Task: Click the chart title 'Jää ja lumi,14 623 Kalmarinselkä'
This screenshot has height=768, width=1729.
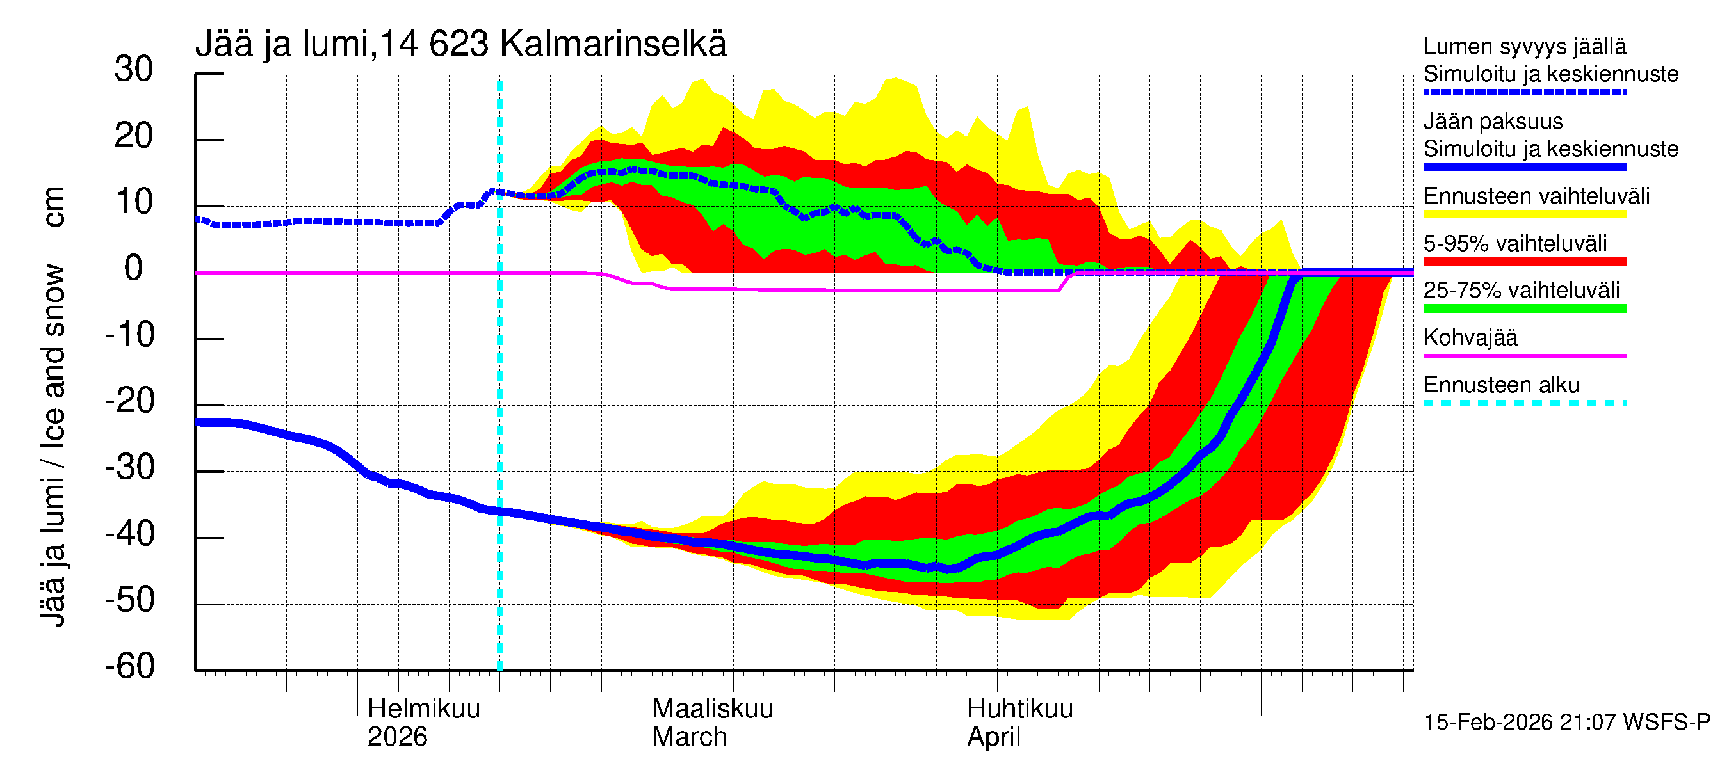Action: (460, 44)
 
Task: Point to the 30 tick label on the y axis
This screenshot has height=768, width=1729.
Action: (134, 69)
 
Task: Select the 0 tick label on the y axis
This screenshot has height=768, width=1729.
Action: (134, 268)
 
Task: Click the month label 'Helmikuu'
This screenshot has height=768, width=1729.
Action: (423, 708)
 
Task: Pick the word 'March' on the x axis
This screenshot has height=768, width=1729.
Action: (689, 737)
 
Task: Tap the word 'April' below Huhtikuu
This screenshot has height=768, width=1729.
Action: (993, 737)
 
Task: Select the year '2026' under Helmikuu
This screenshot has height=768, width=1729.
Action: (396, 737)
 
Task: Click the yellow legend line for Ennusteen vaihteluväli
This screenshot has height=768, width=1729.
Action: (1524, 214)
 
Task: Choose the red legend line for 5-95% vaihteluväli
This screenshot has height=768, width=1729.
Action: (1524, 262)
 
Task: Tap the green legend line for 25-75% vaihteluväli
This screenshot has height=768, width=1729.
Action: (1524, 308)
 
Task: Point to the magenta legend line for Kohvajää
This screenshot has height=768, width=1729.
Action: (1524, 355)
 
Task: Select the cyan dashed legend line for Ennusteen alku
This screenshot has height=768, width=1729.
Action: (1524, 403)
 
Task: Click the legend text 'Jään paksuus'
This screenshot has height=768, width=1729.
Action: (1493, 122)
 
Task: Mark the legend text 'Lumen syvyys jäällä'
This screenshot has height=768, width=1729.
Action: (1524, 46)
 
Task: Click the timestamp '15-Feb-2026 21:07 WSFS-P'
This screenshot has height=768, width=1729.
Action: (1566, 722)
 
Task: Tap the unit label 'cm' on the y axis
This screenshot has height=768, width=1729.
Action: (54, 207)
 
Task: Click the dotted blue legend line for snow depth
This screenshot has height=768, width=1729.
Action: (1524, 92)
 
